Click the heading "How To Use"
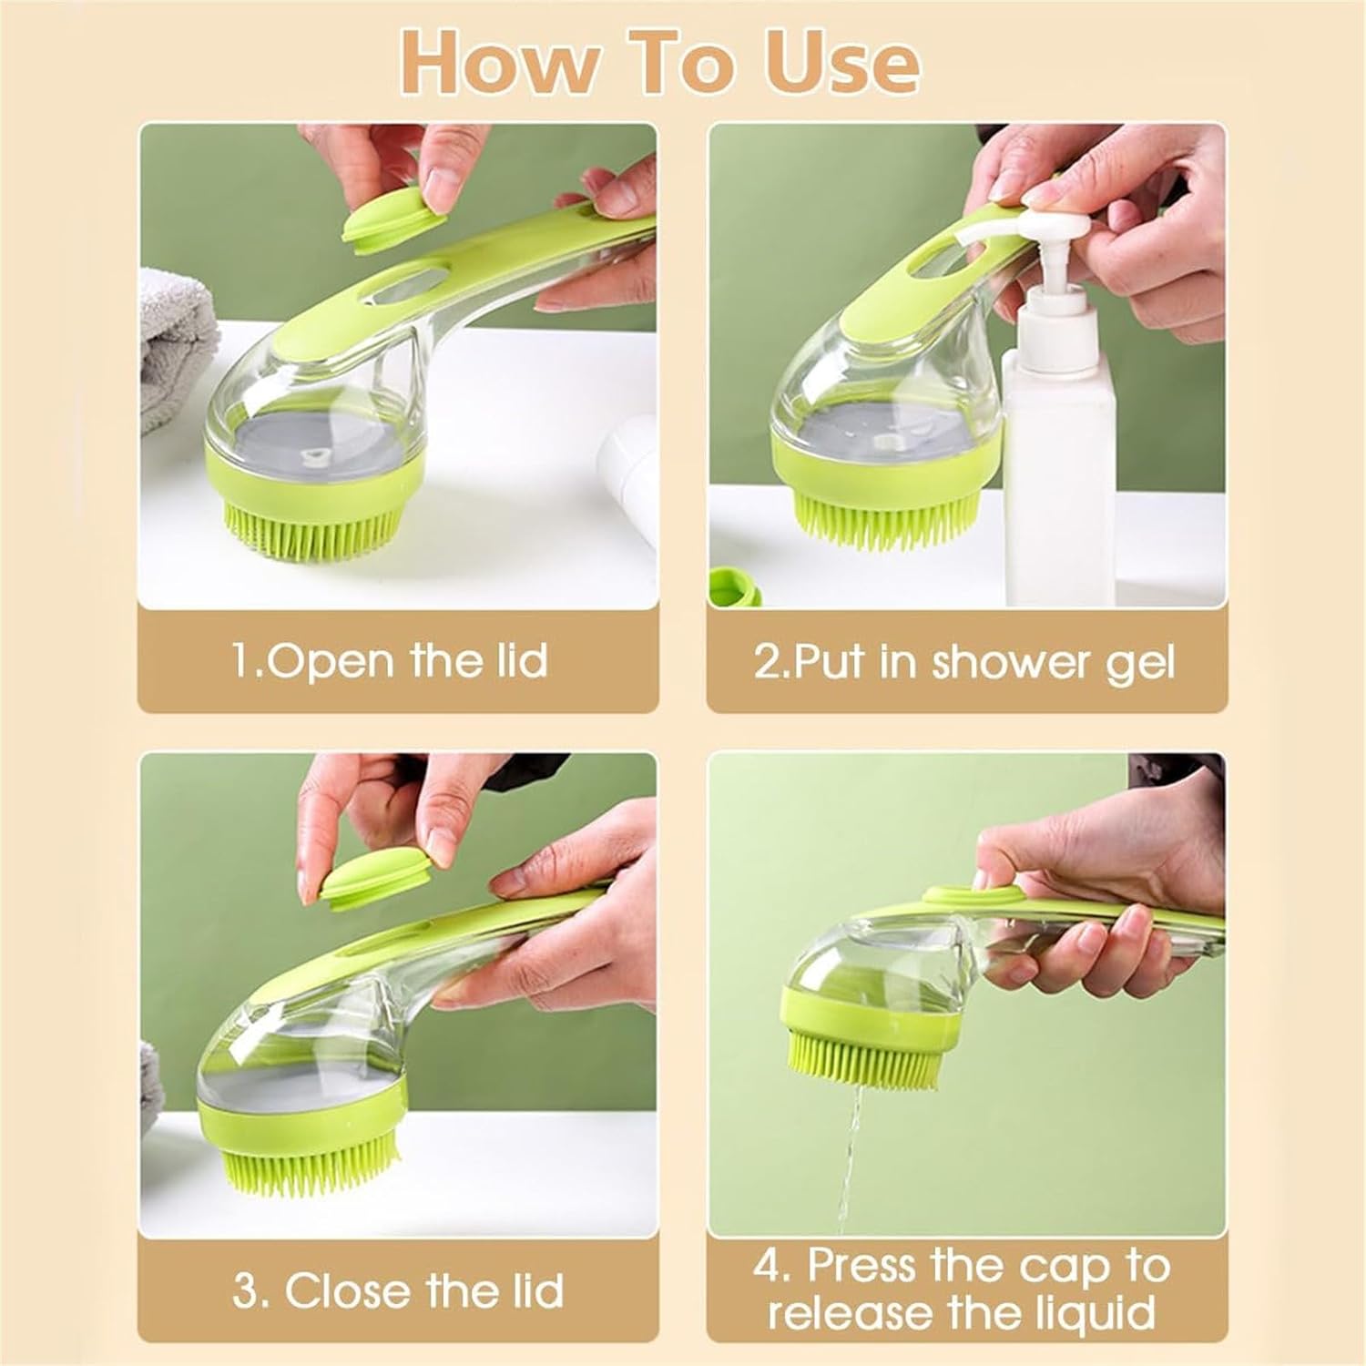(x=659, y=61)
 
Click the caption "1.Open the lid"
(x=390, y=659)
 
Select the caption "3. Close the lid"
(x=397, y=1290)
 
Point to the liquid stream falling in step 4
(x=849, y=1147)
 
